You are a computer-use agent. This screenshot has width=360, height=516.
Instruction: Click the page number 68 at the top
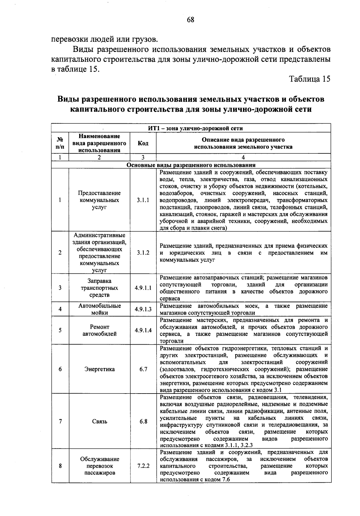(x=190, y=20)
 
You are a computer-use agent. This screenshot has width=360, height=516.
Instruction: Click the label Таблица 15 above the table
(x=309, y=79)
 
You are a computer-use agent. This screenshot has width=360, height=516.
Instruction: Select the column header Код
(x=143, y=143)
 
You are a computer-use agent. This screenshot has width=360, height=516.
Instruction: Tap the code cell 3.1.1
(x=143, y=200)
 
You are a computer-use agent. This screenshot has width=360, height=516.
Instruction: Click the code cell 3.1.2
(x=143, y=253)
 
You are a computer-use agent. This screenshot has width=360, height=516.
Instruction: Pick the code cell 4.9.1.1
(x=143, y=288)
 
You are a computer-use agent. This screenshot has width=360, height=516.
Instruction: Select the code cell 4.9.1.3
(x=143, y=309)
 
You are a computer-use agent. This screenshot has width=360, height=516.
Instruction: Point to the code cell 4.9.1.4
(x=143, y=330)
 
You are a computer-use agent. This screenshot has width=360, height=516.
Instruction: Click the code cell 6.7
(x=143, y=369)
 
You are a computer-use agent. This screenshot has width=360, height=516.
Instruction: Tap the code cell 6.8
(x=143, y=421)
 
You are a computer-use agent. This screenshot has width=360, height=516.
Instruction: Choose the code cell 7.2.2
(x=143, y=466)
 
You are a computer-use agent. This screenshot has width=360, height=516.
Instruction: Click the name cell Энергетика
(x=99, y=369)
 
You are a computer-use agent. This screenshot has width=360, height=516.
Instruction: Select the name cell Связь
(x=99, y=421)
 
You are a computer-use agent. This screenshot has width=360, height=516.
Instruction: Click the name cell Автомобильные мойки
(x=99, y=309)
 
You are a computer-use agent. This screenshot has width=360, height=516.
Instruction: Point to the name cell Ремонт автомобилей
(x=99, y=330)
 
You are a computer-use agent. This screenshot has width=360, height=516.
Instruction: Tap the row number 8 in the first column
(x=60, y=466)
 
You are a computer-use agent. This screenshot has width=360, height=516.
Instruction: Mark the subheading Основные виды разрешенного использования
(x=191, y=165)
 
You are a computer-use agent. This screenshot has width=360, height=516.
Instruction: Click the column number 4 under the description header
(x=243, y=157)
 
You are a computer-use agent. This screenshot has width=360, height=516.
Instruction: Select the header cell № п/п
(x=60, y=143)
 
